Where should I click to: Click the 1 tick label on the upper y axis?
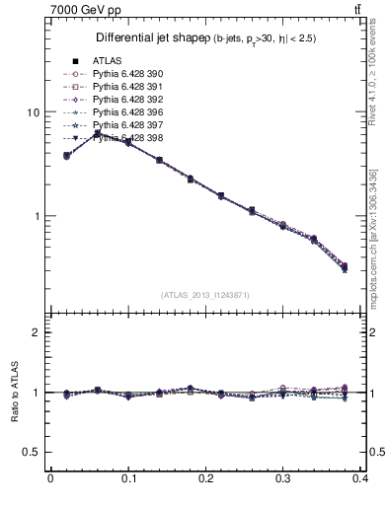tap(36, 216)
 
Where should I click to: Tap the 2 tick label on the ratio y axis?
tap(36, 332)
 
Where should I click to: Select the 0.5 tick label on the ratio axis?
tap(33, 452)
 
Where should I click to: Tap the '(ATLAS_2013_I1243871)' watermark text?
tap(205, 295)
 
